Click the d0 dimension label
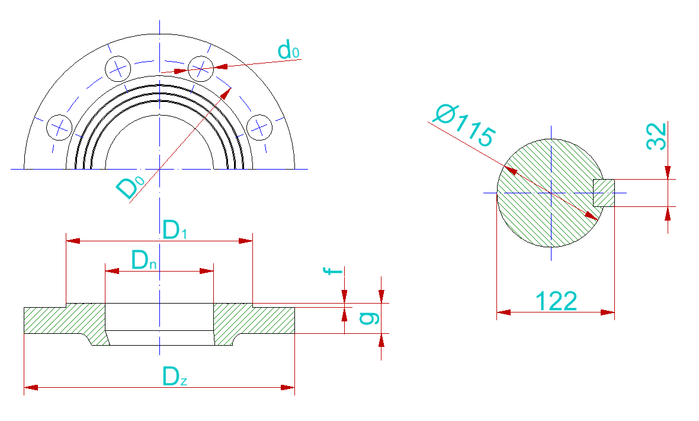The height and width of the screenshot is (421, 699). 288,50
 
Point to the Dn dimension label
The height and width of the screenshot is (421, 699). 144,260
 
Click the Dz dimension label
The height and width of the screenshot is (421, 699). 175,377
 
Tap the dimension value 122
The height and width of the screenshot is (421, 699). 556,301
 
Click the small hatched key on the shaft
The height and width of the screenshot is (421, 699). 604,193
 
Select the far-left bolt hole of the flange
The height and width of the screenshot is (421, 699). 59,126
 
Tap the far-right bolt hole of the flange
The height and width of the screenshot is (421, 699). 259,126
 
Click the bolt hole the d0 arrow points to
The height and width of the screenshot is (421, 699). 201,68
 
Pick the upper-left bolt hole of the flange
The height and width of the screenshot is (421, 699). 117,68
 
